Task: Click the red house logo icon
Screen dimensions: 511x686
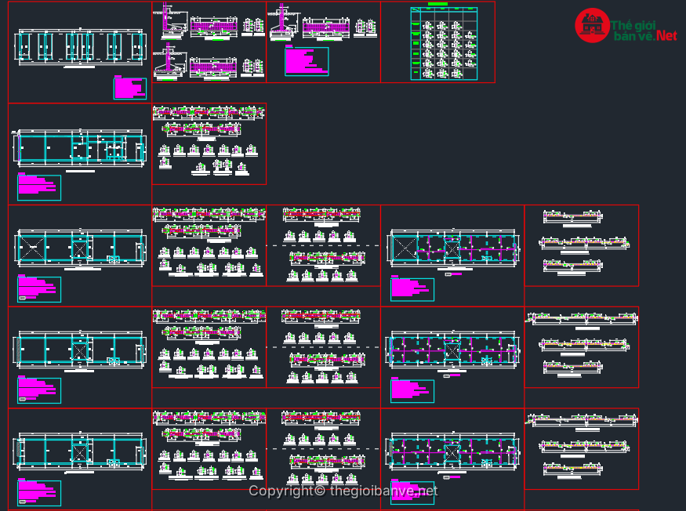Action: point(592,26)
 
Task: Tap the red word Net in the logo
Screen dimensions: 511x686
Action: point(666,35)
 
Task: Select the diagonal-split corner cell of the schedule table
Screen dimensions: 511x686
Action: point(416,13)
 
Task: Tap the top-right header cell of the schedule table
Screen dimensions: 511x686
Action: point(470,13)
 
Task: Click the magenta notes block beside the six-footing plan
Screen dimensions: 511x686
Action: point(129,87)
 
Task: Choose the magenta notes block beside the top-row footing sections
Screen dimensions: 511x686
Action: point(306,60)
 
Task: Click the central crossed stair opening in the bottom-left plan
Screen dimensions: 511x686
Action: point(79,452)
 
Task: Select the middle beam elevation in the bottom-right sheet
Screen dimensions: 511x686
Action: point(579,447)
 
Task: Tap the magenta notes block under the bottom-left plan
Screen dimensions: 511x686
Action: point(38,492)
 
